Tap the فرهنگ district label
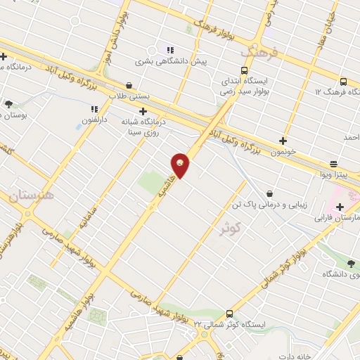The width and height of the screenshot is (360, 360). tap(260, 53)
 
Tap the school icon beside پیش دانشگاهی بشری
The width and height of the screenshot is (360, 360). tap(169, 49)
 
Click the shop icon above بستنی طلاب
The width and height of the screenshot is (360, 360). tap(129, 84)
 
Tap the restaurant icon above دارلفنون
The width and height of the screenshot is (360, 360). tap(93, 109)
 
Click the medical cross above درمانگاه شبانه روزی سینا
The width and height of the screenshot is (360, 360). tap(143, 110)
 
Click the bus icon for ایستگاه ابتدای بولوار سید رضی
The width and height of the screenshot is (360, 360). tap(244, 71)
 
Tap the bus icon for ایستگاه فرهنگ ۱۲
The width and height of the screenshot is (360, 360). tap(342, 82)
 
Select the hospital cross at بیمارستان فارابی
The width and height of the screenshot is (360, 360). tap(340, 207)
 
